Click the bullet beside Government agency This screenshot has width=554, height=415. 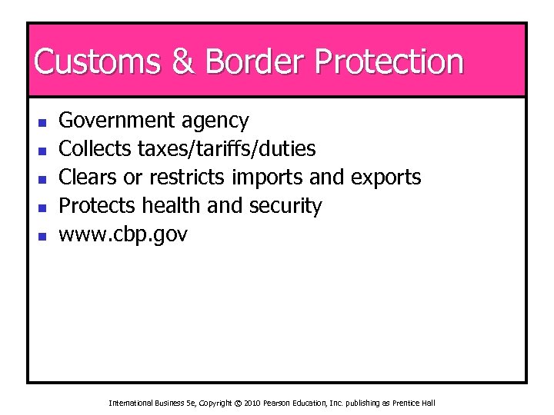coord(43,122)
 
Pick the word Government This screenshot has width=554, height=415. coord(118,121)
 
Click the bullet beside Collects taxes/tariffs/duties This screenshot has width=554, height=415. coord(43,151)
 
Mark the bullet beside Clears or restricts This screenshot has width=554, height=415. coord(43,179)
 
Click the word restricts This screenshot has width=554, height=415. coord(187,178)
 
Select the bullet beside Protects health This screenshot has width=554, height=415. coord(43,207)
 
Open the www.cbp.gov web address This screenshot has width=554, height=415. coord(123,235)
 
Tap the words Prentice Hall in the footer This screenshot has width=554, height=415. coord(415,403)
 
